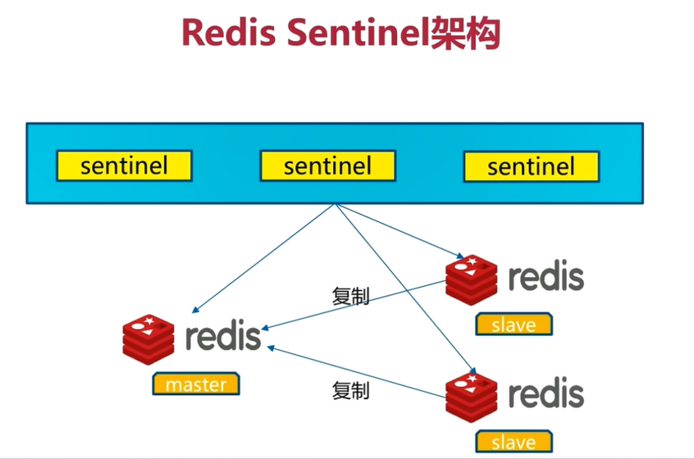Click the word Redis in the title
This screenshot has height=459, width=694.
(x=229, y=32)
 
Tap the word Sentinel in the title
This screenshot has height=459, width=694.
(x=358, y=32)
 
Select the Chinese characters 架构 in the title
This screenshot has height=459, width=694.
(x=465, y=33)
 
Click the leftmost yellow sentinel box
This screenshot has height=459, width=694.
(x=124, y=166)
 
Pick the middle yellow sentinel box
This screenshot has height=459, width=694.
(x=327, y=166)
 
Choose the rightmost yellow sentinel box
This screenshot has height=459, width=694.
(x=531, y=166)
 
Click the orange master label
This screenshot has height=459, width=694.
(x=196, y=384)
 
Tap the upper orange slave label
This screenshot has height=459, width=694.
(x=514, y=324)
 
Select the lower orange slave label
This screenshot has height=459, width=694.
(x=514, y=441)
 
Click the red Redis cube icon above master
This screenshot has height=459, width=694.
(x=148, y=339)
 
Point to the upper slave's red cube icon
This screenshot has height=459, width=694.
(x=472, y=280)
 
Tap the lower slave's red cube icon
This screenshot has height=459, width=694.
(x=472, y=398)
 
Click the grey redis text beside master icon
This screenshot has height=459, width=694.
(x=223, y=335)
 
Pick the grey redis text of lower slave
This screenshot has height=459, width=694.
(x=546, y=393)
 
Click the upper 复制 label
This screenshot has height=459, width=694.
(x=350, y=296)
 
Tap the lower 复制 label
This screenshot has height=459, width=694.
(x=350, y=391)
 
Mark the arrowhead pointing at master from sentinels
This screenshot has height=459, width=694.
(x=195, y=310)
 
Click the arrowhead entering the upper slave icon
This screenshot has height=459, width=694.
(x=460, y=256)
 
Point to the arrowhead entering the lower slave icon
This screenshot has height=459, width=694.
(x=473, y=371)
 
